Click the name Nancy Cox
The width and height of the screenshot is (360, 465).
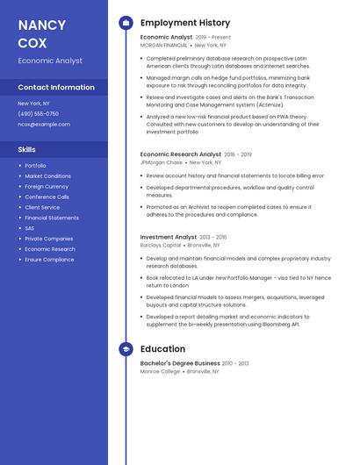pos(40,33)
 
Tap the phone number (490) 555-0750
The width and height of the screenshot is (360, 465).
pos(39,114)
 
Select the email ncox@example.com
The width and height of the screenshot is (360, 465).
pos(44,125)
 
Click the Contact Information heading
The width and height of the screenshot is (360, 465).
pos(56,88)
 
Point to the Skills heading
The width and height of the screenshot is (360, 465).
pos(27,150)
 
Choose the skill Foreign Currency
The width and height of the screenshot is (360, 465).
pos(47,187)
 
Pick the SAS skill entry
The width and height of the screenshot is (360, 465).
pos(31,228)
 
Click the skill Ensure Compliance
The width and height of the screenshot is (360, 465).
pos(49,260)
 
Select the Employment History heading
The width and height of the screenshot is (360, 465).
pos(185,23)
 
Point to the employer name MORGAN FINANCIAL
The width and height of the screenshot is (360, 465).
pos(164,45)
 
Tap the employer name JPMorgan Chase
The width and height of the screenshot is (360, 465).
pos(162,162)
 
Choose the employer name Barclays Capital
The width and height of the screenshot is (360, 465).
pos(161,246)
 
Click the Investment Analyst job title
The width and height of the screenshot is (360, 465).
pos(169,237)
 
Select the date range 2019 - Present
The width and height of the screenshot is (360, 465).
pos(213,38)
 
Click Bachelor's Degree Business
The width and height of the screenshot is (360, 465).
pos(180,363)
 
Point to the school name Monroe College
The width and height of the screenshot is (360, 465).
pos(160,371)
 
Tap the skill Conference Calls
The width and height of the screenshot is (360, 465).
pos(47,197)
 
